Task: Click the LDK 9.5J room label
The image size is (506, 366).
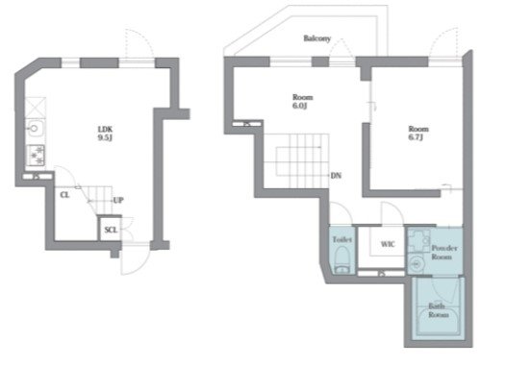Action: point(105,134)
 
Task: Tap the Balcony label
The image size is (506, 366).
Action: point(316,38)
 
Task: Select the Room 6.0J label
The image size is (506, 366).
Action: point(302,101)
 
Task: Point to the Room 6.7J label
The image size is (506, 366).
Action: point(418,133)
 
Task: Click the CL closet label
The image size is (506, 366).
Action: point(64,195)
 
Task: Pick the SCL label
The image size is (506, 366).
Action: point(111,230)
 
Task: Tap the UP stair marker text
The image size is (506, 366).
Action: point(118,200)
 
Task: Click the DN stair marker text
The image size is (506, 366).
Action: point(336,176)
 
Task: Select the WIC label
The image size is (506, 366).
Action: point(388,244)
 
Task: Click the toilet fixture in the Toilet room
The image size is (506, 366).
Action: point(342,260)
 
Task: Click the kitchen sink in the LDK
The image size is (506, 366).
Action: point(35,129)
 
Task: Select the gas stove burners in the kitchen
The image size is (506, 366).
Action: point(36,156)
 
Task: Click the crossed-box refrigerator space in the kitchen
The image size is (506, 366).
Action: point(36,107)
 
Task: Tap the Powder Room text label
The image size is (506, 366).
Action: point(444,253)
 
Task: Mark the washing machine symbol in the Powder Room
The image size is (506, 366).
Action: point(418,241)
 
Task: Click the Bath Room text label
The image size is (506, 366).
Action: point(439,310)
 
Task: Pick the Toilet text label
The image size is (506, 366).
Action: point(342,239)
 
